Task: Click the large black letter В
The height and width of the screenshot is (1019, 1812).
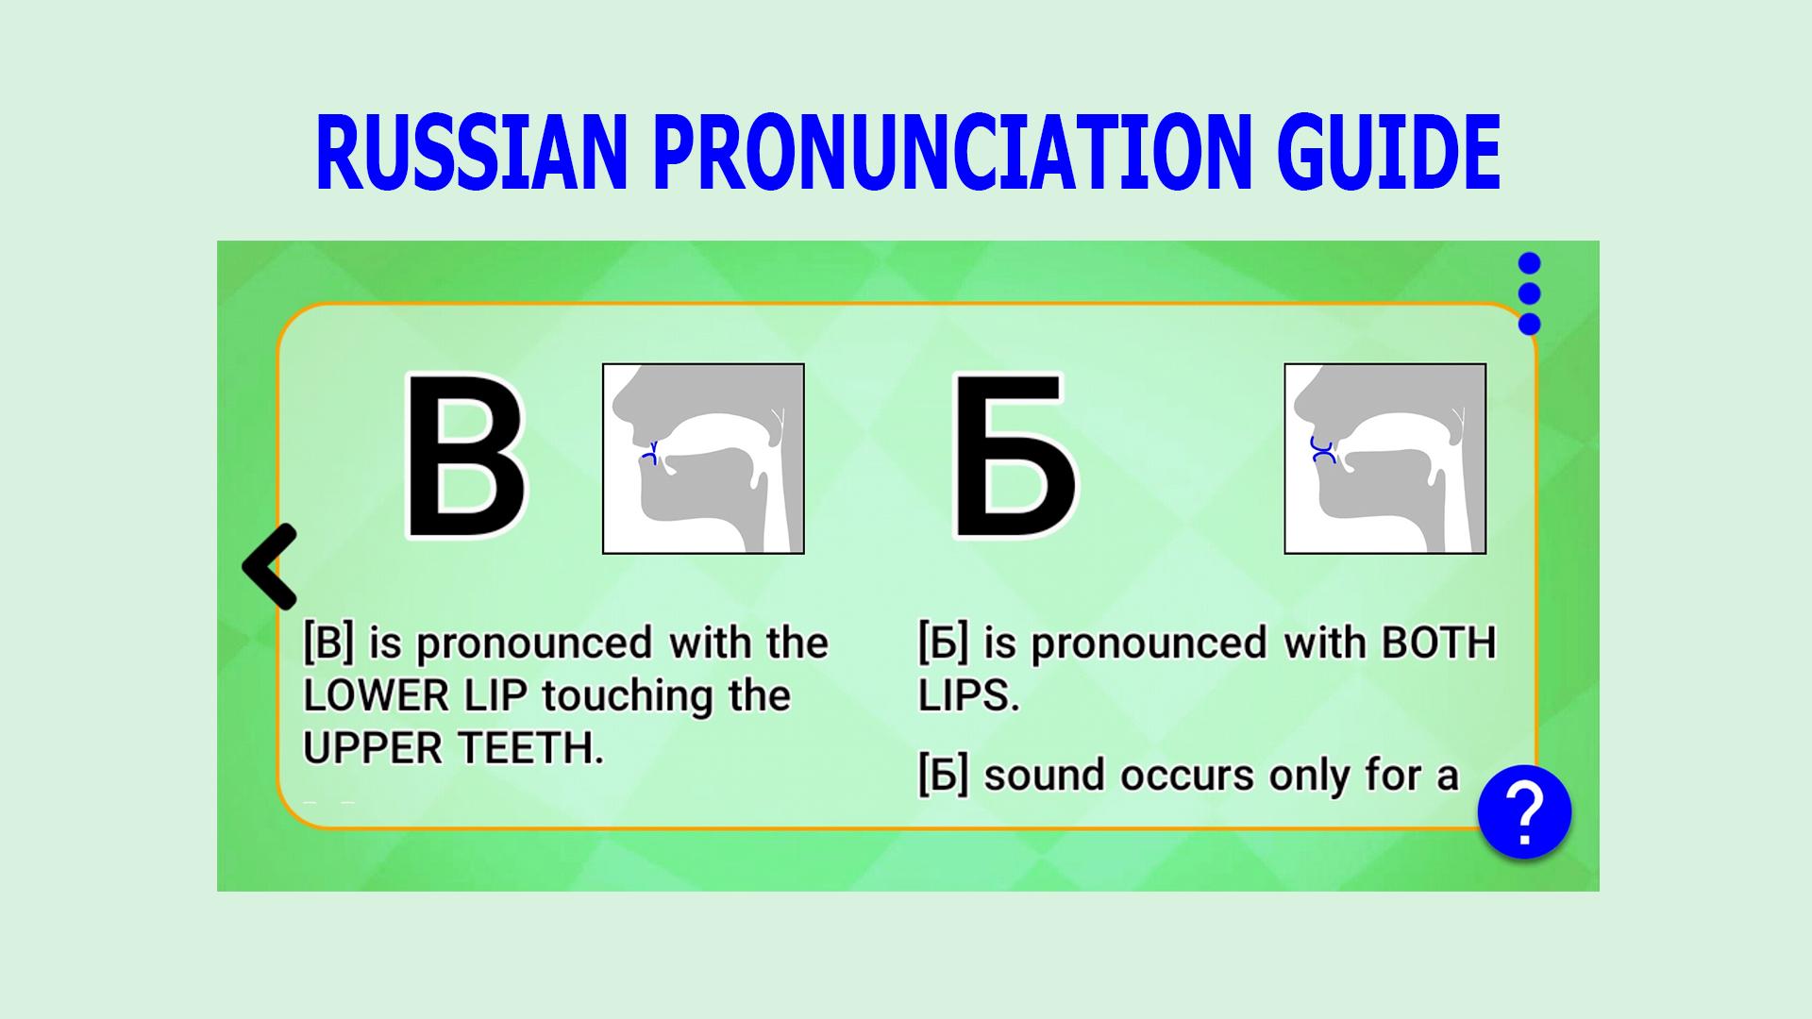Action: [x=464, y=456]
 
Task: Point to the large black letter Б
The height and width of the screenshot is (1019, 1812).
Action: [x=1015, y=456]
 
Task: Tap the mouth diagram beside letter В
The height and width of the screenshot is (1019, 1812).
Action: [x=703, y=459]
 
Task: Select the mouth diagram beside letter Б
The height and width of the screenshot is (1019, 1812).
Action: [x=1385, y=459]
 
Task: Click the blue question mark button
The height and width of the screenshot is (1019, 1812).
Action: [x=1524, y=812]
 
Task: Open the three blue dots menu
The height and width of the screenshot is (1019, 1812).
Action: [x=1530, y=293]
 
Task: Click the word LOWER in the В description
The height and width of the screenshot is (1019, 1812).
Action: [x=376, y=696]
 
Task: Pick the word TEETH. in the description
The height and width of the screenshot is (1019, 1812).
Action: [x=531, y=749]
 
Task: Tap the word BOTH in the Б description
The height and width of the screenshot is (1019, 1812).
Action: [x=1438, y=643]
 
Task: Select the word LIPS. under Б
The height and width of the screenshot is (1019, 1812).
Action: [x=969, y=696]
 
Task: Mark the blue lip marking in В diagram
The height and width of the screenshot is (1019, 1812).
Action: [x=649, y=453]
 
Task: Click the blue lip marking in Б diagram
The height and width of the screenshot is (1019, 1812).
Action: [x=1322, y=450]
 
